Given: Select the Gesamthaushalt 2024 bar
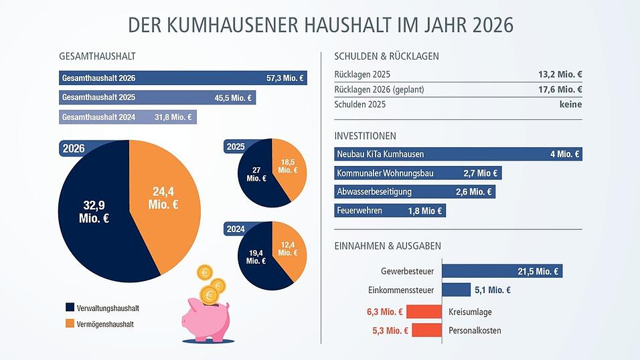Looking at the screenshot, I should pyautogui.click(x=127, y=117).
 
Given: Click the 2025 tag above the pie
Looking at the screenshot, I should pyautogui.click(x=236, y=147).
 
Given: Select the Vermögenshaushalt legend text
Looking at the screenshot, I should pyautogui.click(x=105, y=324).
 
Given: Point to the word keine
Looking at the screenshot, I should pyautogui.click(x=570, y=104).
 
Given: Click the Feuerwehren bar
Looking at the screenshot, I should pyautogui.click(x=389, y=211).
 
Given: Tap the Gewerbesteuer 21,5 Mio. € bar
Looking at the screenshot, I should pyautogui.click(x=501, y=271).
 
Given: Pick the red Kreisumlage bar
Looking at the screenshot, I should pyautogui.click(x=424, y=312).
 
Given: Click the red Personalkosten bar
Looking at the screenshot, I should pyautogui.click(x=426, y=331).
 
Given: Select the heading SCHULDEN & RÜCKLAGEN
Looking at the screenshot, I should pyautogui.click(x=386, y=56).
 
